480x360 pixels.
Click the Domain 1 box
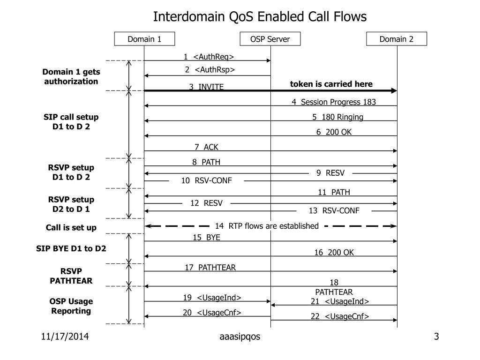coord(144,39)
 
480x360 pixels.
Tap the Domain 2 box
coord(397,39)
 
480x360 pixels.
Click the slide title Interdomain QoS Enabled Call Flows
coord(260,17)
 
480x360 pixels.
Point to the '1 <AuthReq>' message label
coord(209,57)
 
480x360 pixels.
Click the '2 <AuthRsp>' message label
coord(210,70)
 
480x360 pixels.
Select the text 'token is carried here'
coord(331,84)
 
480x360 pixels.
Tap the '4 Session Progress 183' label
coord(333,102)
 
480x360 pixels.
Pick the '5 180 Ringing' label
coord(337,117)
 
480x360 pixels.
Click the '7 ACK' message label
coord(206,147)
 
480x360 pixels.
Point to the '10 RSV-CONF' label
coord(206,180)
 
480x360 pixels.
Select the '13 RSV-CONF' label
coord(334,210)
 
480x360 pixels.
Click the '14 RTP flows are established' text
coord(267,226)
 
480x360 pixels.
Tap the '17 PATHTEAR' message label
coord(210,267)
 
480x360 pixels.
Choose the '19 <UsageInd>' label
coord(212,297)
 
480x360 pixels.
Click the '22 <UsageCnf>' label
coord(339,316)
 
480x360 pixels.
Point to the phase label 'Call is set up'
coord(71,227)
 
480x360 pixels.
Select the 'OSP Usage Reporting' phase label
coord(71,306)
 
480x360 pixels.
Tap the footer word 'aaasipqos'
coord(240,337)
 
